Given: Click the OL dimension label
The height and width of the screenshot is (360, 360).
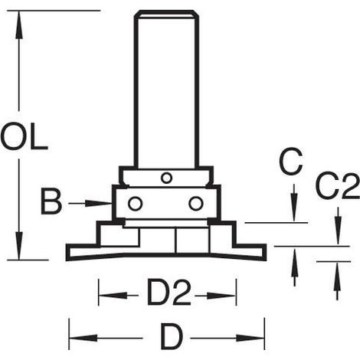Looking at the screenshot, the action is [x=24, y=136].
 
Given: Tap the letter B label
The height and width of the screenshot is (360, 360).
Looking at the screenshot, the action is [x=51, y=202].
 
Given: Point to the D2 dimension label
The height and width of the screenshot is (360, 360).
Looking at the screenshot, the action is [x=169, y=293].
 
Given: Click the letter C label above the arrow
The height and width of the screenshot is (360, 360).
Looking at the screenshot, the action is [x=291, y=162].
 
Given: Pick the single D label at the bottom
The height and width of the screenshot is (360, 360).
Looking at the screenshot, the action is [x=172, y=337].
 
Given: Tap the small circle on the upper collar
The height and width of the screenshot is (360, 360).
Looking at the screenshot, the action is [x=166, y=178].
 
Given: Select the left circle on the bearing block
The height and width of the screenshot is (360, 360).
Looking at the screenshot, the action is [x=135, y=204].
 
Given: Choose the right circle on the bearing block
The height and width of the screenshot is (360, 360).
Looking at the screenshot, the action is [x=196, y=204].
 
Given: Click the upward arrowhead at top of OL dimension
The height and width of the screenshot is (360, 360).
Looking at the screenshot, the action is [x=18, y=25].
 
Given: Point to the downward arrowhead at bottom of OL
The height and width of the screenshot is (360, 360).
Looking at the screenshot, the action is [x=18, y=246].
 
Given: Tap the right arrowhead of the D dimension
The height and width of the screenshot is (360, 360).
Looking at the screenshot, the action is [x=250, y=338].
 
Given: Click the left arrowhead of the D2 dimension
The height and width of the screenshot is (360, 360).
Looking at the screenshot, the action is [x=113, y=296].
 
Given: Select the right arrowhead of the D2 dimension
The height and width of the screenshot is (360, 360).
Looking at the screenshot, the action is [x=221, y=296].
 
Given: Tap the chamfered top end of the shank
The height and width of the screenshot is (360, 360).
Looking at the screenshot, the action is [x=166, y=14].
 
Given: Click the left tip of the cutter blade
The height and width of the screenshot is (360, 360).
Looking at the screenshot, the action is [x=67, y=253].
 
